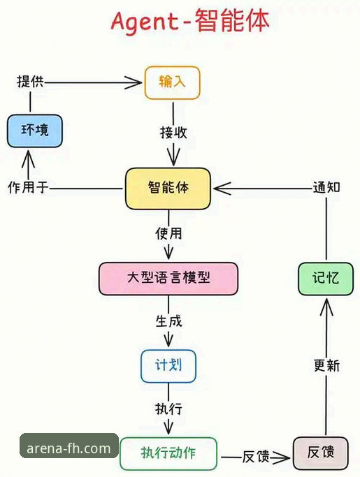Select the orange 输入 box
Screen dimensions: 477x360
click(x=172, y=82)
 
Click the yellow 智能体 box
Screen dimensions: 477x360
click(x=168, y=188)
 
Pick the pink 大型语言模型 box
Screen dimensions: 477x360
click(x=168, y=278)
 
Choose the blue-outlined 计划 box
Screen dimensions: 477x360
click(x=168, y=366)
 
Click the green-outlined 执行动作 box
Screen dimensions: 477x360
click(x=168, y=453)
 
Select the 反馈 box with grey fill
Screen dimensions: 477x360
click(x=320, y=453)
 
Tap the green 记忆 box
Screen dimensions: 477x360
click(x=325, y=278)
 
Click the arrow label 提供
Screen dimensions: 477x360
click(x=30, y=81)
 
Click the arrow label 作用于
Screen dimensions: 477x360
click(x=28, y=188)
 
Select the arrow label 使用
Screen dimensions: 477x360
click(x=168, y=233)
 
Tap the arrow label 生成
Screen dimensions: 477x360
click(x=168, y=322)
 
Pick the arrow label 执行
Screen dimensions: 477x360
click(x=168, y=409)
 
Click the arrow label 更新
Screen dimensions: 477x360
click(x=326, y=365)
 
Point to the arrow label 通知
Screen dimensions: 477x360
click(x=326, y=187)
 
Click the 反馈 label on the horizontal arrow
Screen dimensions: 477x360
click(x=256, y=457)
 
